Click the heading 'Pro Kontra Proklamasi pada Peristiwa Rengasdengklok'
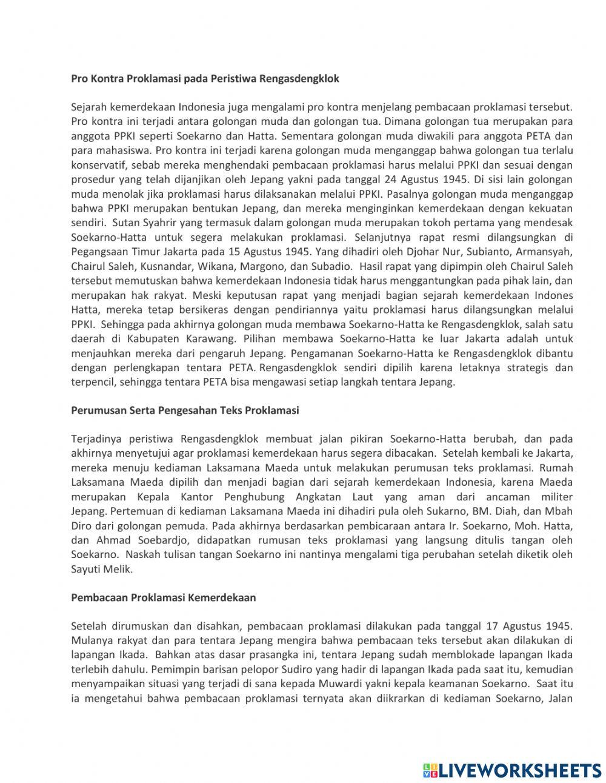click(205, 78)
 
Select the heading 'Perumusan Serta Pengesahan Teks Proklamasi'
click(185, 410)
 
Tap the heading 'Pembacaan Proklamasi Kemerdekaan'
click(163, 597)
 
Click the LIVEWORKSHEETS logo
click(512, 770)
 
